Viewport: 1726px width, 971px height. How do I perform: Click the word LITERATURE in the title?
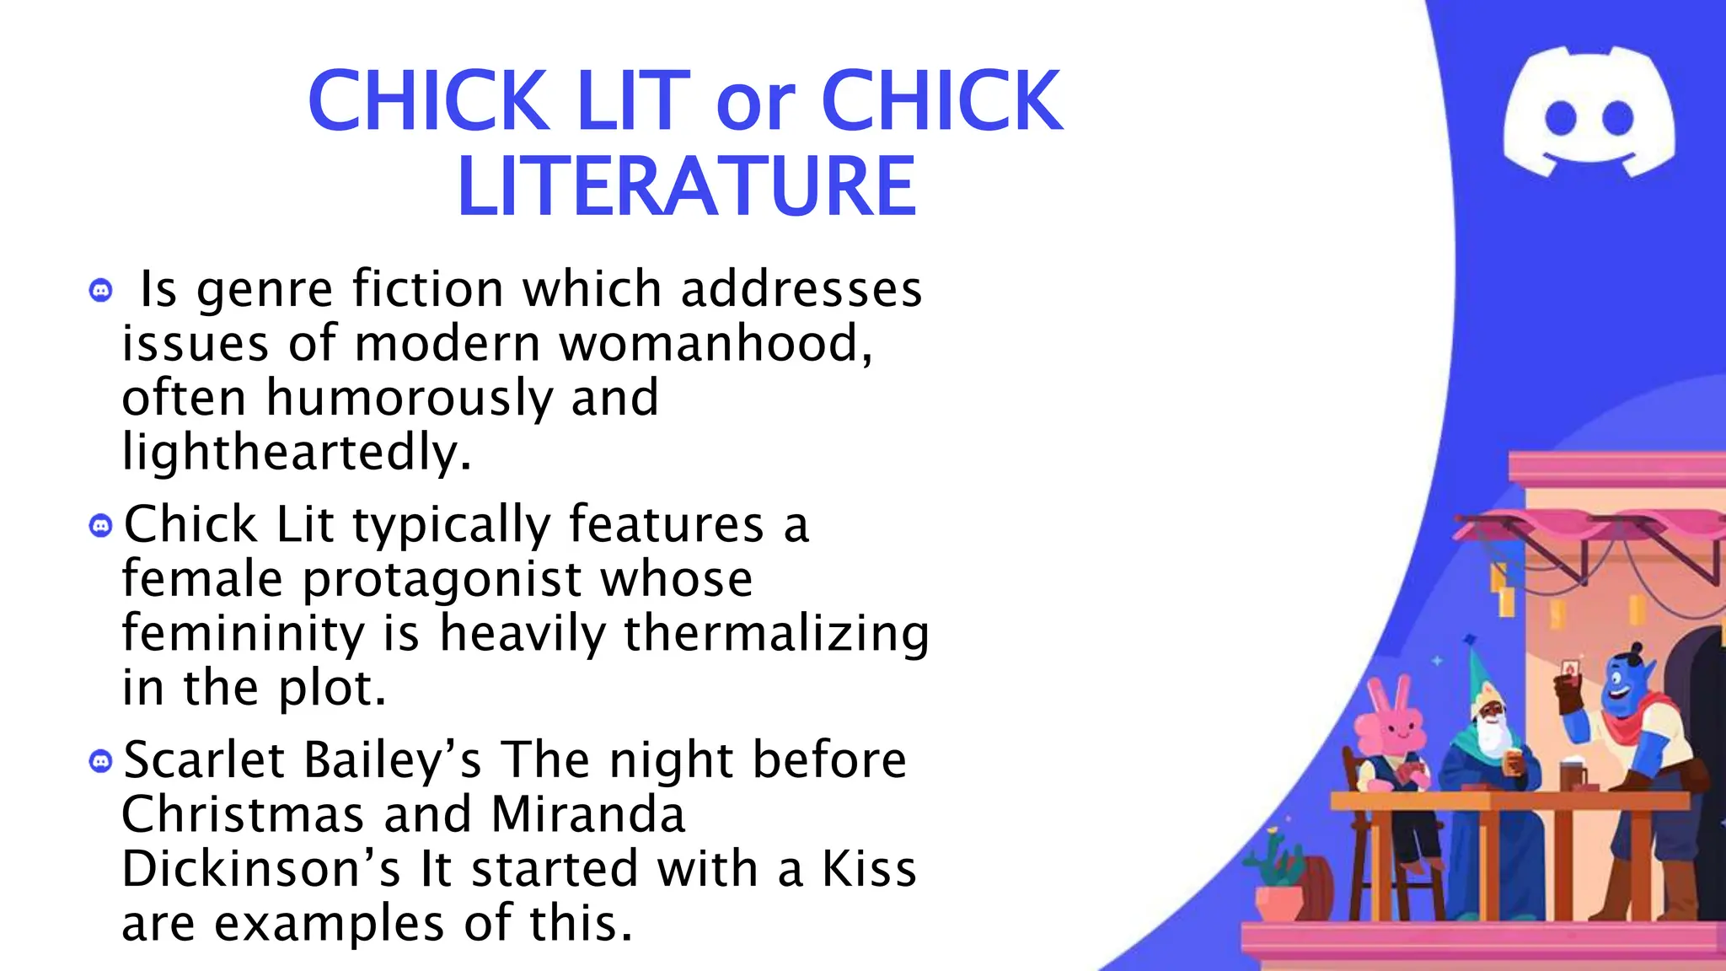coord(686,186)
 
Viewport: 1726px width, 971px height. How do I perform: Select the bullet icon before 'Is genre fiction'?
coord(100,291)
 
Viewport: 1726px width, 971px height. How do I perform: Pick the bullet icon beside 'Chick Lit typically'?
coord(100,527)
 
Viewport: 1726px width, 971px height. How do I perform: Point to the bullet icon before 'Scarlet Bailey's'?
coord(100,762)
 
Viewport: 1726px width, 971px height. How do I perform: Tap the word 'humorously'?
coord(410,398)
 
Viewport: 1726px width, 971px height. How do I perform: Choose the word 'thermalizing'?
coord(776,634)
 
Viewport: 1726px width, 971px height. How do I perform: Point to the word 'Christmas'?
coord(242,815)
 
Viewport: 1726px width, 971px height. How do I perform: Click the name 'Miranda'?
coord(587,815)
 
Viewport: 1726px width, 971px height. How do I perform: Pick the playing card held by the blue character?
coord(1569,670)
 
